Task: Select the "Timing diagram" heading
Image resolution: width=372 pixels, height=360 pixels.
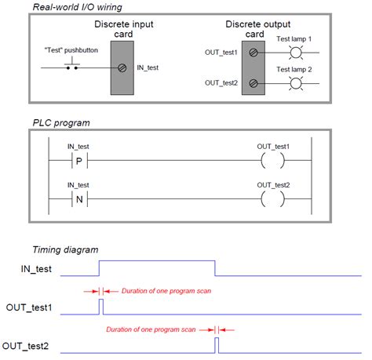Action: point(65,249)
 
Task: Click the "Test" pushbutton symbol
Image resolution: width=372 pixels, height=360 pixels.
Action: point(72,65)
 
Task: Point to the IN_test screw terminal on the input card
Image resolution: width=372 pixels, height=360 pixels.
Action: point(122,67)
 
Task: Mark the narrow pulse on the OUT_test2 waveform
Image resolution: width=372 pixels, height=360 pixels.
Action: point(217,344)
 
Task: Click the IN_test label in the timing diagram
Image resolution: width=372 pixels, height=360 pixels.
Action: point(35,269)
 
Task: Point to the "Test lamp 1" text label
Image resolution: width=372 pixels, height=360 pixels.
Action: point(295,38)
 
